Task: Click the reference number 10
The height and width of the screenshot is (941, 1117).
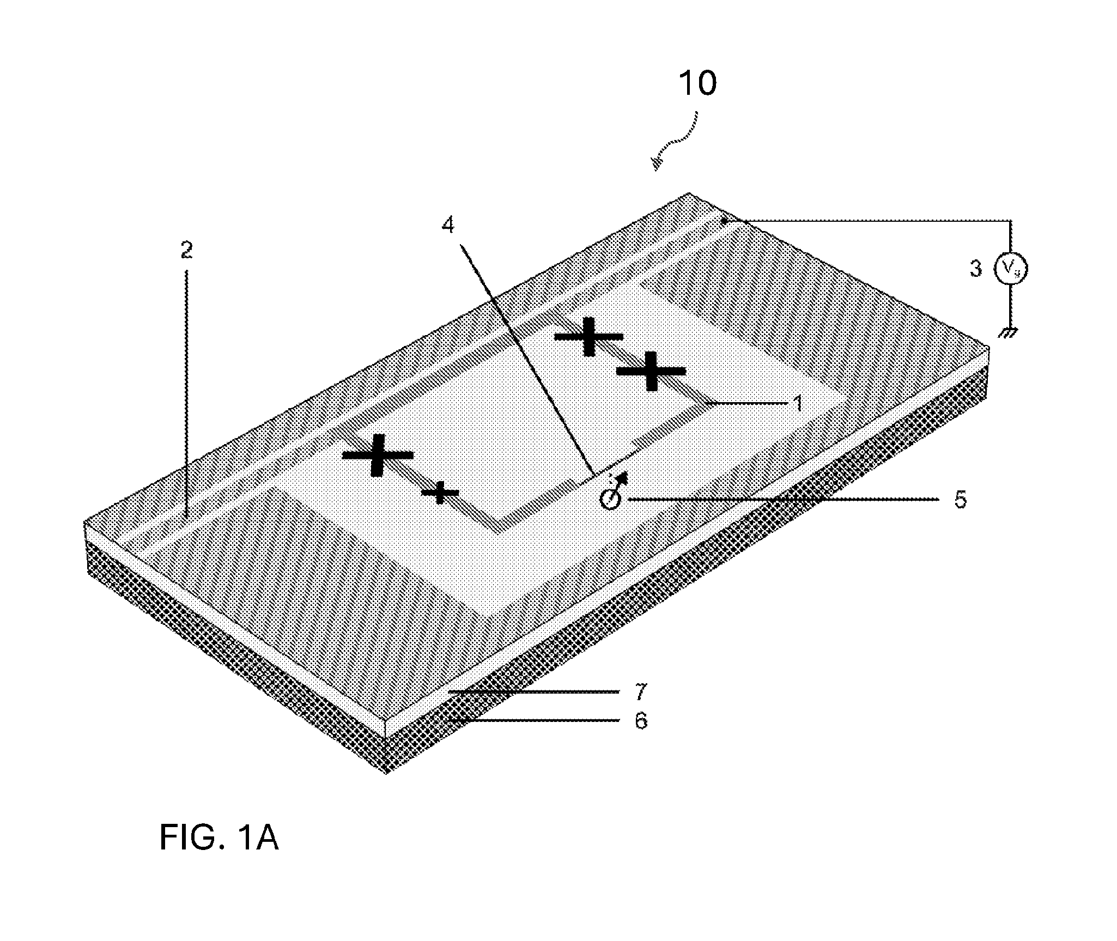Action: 697,84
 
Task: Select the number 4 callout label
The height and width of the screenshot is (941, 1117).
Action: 447,225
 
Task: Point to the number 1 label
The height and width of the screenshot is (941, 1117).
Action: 798,404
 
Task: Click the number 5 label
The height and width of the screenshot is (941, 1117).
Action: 961,500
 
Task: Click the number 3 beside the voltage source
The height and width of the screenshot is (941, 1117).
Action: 976,269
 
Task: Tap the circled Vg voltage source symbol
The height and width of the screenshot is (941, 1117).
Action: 1011,269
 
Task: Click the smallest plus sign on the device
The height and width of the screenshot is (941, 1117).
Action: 440,493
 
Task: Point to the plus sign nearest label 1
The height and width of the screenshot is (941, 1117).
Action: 651,371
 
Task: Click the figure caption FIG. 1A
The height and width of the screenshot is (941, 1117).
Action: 219,838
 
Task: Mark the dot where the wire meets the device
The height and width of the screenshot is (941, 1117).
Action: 724,221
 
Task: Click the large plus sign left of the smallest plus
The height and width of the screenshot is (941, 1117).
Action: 377,455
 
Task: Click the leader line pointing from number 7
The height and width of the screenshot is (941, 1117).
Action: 535,691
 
